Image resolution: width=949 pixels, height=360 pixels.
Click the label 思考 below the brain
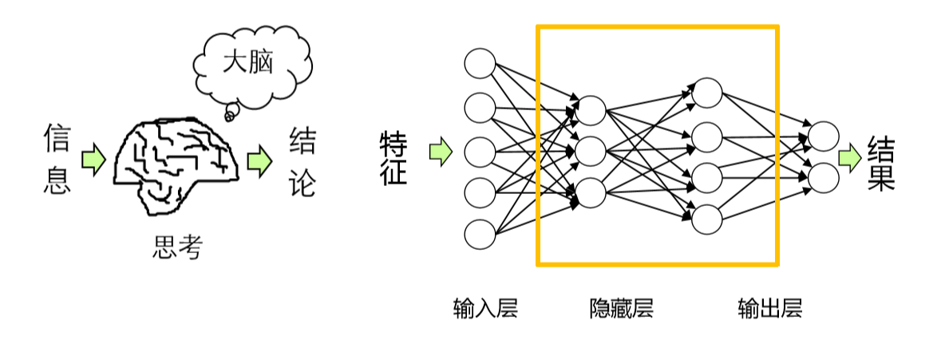coord(176,248)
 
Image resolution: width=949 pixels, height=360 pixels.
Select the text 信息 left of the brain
coord(57,160)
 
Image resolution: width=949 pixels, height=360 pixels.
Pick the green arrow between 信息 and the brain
coord(93,160)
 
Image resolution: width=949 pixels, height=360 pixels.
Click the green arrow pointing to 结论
coord(259,160)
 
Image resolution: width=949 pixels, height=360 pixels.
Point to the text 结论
coord(302,162)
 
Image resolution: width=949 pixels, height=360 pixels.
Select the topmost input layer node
coord(480,64)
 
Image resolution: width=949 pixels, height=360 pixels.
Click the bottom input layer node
coord(480,235)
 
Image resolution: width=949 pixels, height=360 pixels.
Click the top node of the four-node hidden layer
coord(706,93)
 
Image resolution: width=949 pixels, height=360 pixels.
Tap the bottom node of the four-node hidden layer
coord(706,219)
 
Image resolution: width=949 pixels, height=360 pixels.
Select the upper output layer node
coord(824,136)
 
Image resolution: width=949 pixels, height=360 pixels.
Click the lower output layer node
coord(824,178)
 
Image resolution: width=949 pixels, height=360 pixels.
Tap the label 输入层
coord(485,308)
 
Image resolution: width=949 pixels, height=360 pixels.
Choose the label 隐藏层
coord(621,308)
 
